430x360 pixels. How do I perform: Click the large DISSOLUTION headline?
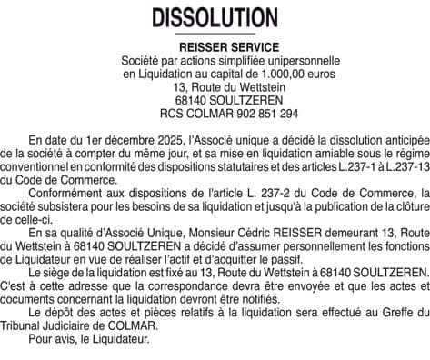click(x=215, y=17)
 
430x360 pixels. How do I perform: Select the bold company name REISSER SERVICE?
click(x=215, y=46)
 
